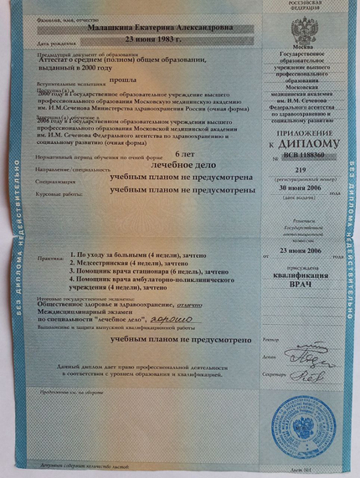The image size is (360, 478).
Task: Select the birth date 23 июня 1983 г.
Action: (154, 39)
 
